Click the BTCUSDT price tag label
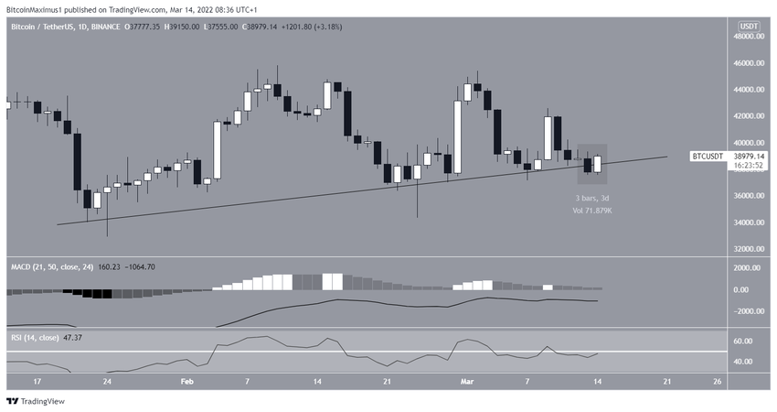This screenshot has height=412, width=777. coord(708,157)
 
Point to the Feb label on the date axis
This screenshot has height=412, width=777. coord(186,380)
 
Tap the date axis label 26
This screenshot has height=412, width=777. coord(718,380)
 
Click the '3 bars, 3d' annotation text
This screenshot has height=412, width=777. coord(592,198)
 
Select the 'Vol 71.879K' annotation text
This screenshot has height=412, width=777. coord(592,211)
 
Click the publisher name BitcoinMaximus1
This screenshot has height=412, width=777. coord(41,7)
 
